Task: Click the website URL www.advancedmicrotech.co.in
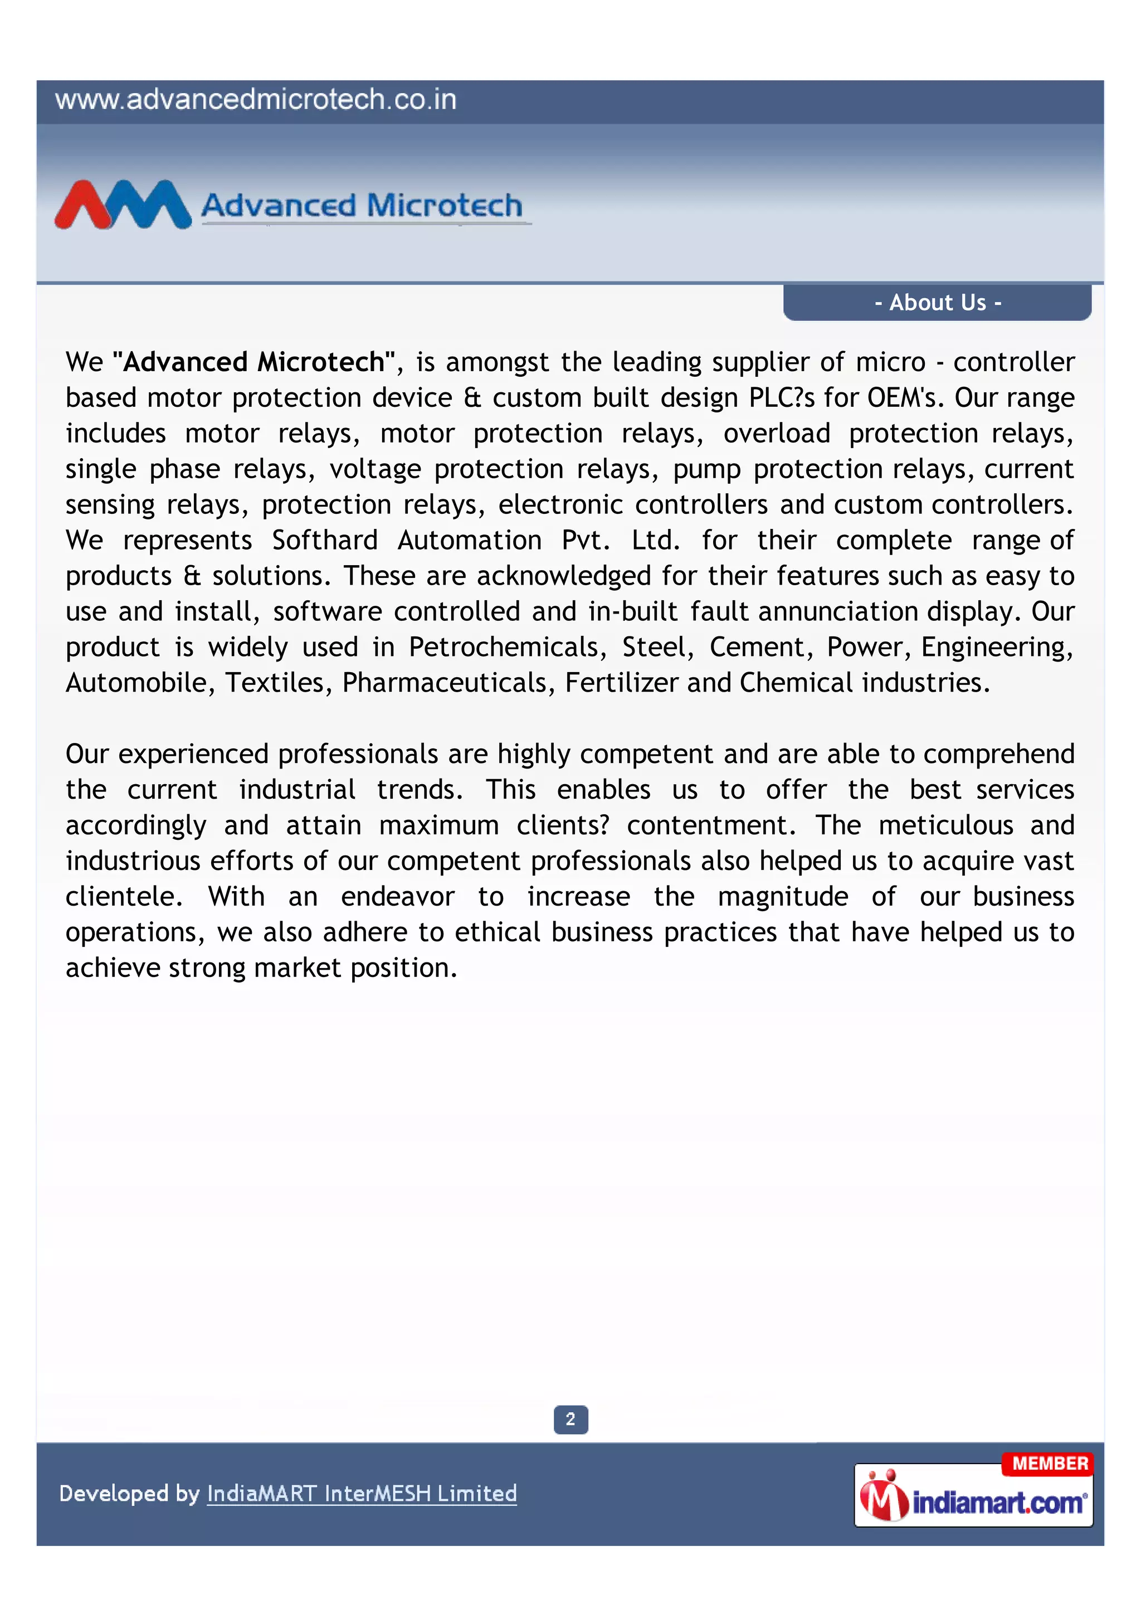(256, 100)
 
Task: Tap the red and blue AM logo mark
(123, 205)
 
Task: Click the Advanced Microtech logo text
(362, 205)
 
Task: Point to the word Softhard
(325, 540)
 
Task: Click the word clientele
(124, 896)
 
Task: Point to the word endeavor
(398, 896)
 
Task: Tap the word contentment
(711, 825)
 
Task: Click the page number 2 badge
(570, 1419)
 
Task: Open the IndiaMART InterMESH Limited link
(362, 1493)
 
